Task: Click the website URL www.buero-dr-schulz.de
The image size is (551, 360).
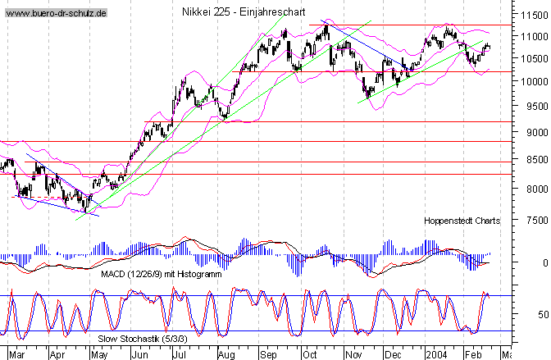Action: (56, 16)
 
